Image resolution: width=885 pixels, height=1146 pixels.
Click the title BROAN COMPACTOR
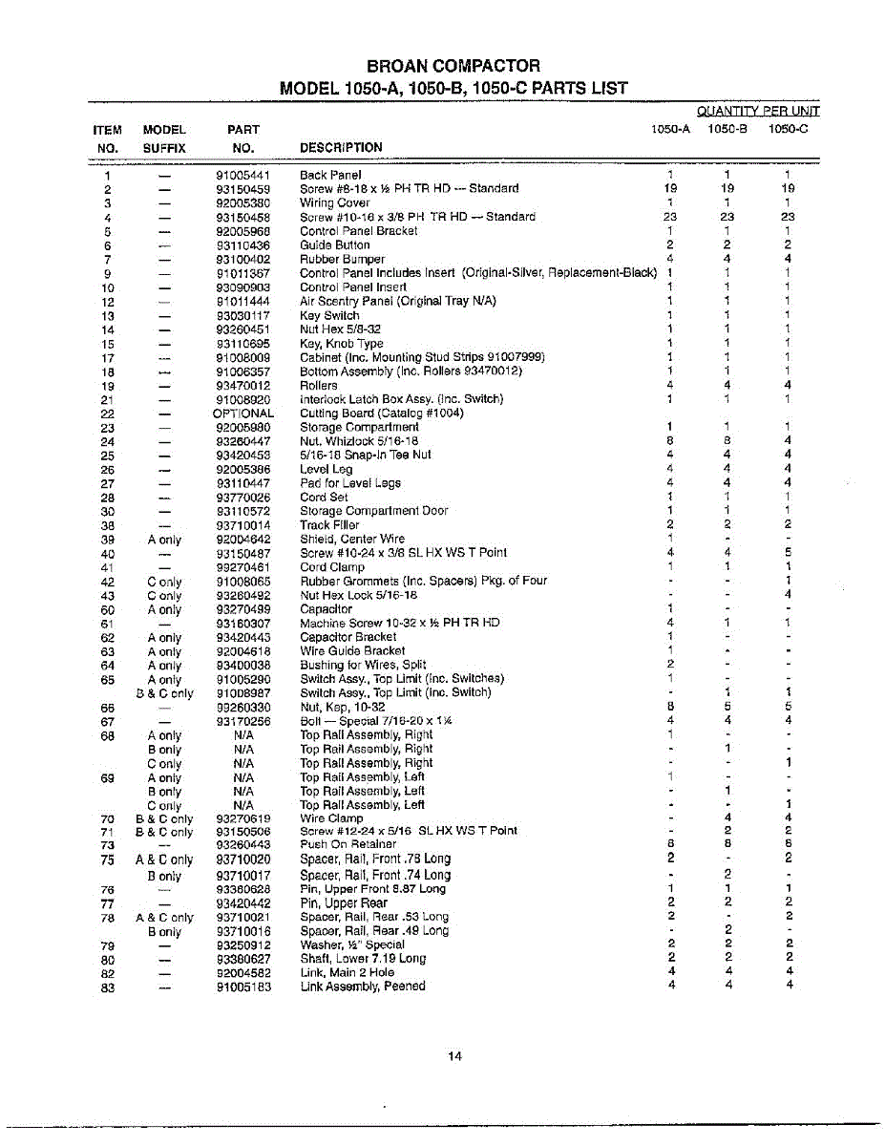[x=453, y=66]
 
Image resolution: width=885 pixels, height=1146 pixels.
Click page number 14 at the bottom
[x=454, y=1055]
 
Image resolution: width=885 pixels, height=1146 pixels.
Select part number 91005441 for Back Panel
[x=243, y=175]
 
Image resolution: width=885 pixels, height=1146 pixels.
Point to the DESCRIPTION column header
[x=341, y=147]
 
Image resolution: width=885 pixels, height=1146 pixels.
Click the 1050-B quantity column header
[x=727, y=128]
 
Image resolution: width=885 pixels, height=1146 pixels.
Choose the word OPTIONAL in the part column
[x=243, y=414]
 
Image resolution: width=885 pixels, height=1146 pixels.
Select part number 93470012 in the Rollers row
[x=243, y=385]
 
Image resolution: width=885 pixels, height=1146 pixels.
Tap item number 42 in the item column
[x=108, y=582]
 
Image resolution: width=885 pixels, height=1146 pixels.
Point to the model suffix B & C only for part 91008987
[x=164, y=693]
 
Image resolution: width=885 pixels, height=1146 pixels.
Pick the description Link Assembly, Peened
[x=362, y=987]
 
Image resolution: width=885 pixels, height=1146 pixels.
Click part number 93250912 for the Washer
[x=243, y=944]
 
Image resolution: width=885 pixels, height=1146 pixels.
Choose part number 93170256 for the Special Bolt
[x=243, y=721]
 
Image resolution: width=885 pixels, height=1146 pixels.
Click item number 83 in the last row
[x=108, y=987]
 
